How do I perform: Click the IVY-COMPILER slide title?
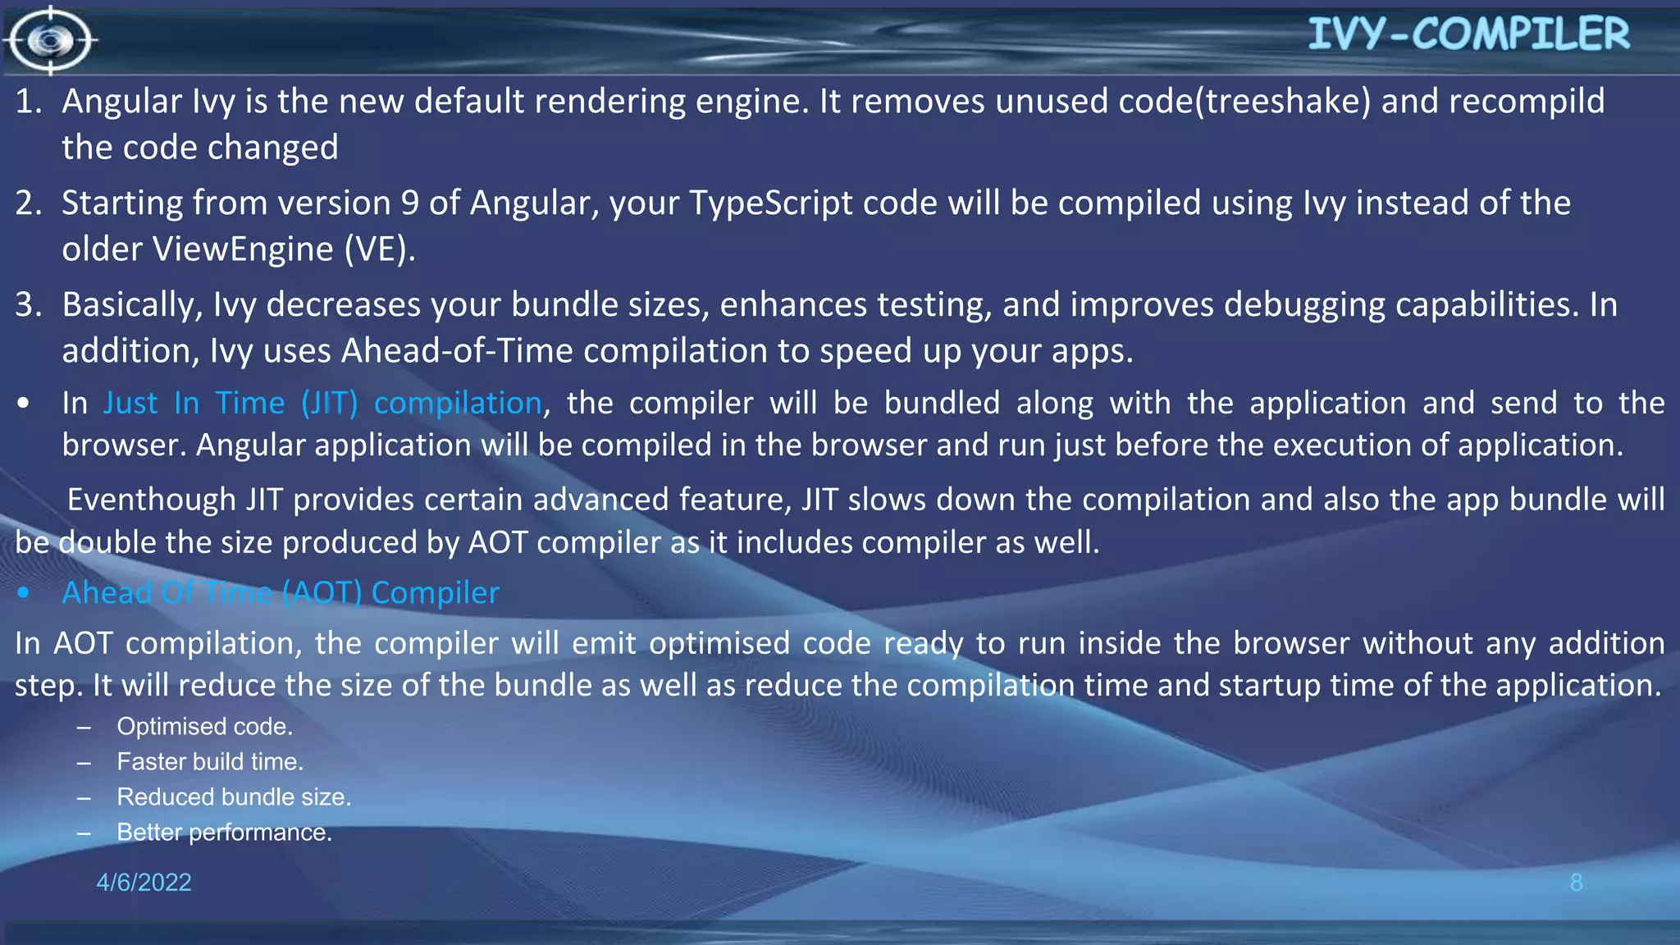(1468, 34)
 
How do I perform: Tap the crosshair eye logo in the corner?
(50, 39)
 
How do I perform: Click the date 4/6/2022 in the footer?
(144, 882)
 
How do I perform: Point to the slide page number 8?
(1576, 882)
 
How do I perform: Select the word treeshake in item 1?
(1283, 102)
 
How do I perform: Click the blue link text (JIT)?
(329, 404)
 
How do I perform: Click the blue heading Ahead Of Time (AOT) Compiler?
(281, 592)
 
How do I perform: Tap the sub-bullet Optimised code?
(204, 727)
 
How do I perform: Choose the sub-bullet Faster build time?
(210, 762)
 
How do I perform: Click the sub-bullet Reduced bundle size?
(234, 797)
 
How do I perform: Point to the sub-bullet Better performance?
(224, 833)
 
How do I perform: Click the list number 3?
(27, 305)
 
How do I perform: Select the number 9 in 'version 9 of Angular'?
(409, 203)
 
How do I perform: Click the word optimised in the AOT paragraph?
(719, 643)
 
